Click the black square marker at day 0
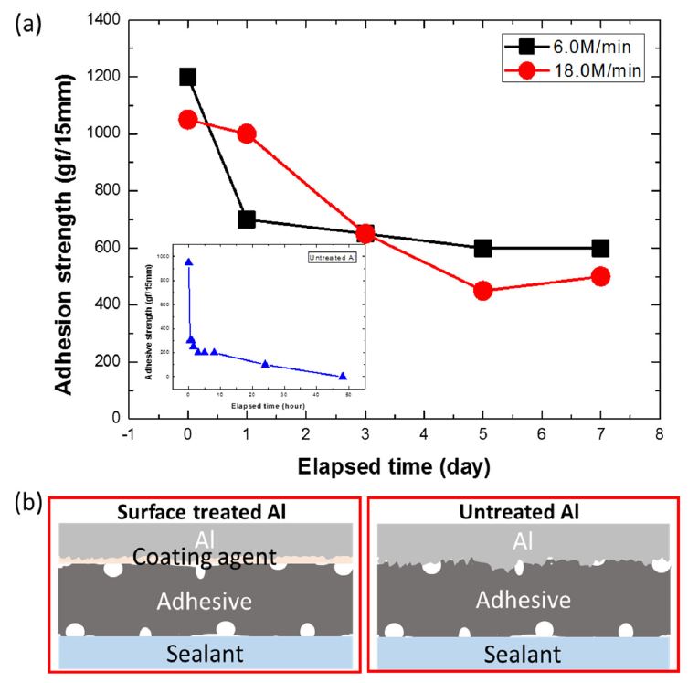pyautogui.click(x=188, y=77)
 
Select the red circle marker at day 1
pyautogui.click(x=247, y=133)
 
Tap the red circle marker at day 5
pyautogui.click(x=482, y=290)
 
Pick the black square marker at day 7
pyautogui.click(x=600, y=248)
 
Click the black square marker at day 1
pyautogui.click(x=247, y=219)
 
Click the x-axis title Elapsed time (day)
pyautogui.click(x=394, y=465)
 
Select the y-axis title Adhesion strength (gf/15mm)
pyautogui.click(x=64, y=219)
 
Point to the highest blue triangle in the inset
pyautogui.click(x=189, y=262)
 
